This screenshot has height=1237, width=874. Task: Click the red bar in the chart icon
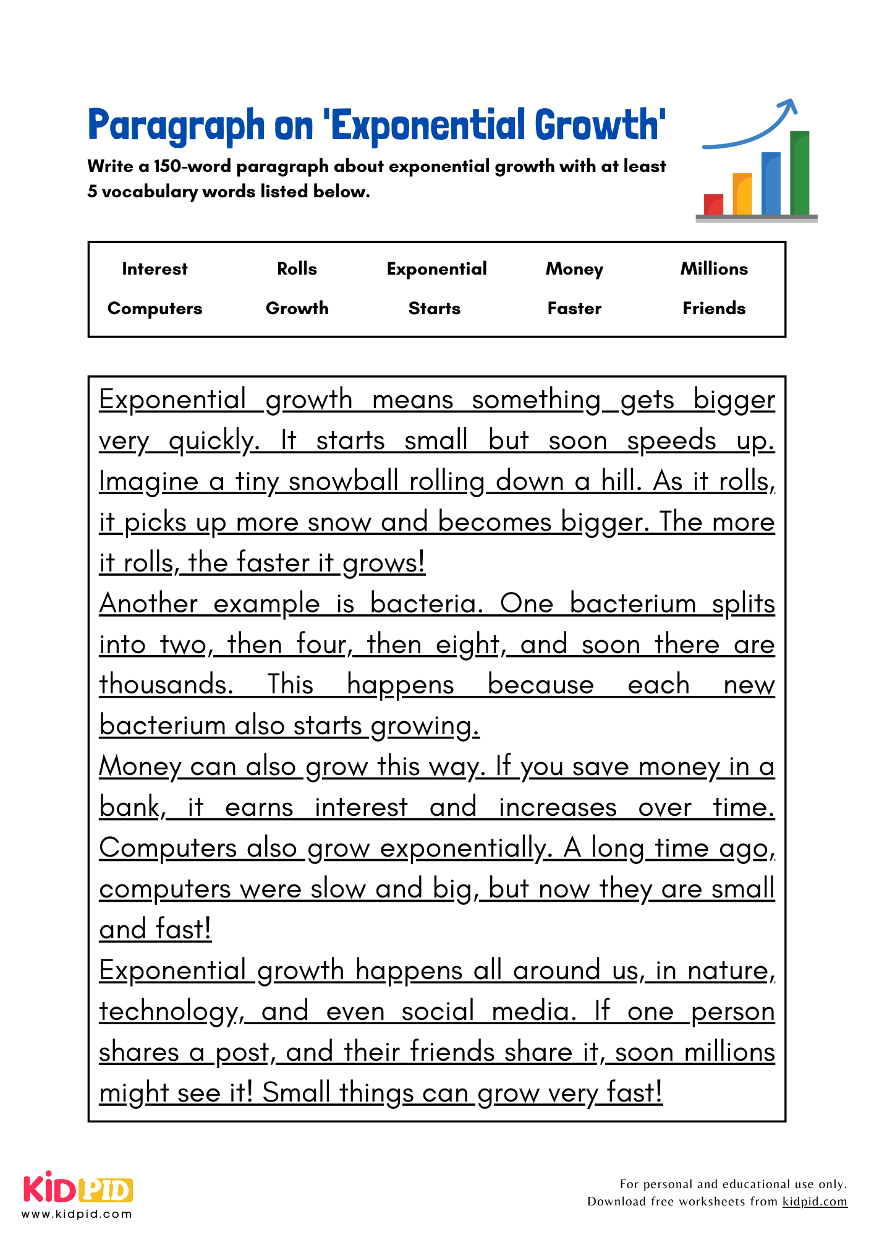[x=713, y=205]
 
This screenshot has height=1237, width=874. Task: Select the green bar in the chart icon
[x=799, y=173]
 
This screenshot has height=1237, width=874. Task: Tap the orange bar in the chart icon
[x=742, y=194]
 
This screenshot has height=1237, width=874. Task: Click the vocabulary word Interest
[x=155, y=269]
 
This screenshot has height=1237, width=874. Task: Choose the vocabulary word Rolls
[x=297, y=269]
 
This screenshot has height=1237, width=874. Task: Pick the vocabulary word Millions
[x=714, y=269]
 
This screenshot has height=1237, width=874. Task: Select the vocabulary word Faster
[x=574, y=309]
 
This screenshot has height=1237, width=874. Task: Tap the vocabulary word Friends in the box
[x=714, y=309]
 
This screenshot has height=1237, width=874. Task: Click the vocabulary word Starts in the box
[x=435, y=309]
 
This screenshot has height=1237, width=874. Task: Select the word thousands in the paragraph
[x=166, y=685]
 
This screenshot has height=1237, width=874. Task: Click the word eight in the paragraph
[x=469, y=645]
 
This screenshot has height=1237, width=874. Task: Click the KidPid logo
[x=78, y=1188]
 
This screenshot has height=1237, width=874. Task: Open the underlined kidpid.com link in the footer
[x=814, y=1202]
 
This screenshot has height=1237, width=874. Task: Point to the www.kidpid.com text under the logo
[x=77, y=1214]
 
